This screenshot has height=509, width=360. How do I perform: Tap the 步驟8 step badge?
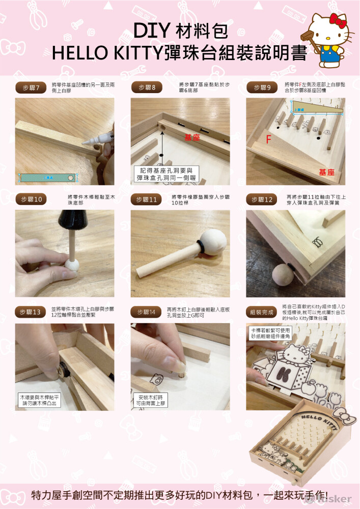click(x=147, y=88)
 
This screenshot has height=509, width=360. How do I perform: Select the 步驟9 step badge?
click(x=262, y=88)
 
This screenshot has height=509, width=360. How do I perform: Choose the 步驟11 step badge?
click(x=147, y=200)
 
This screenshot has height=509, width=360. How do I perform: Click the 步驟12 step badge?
click(x=262, y=200)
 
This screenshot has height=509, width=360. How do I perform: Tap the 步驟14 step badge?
click(x=147, y=312)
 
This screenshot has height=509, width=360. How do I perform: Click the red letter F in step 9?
click(x=268, y=139)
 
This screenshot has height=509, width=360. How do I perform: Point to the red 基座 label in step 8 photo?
click(x=192, y=137)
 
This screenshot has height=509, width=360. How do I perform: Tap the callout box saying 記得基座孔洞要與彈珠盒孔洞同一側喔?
click(x=167, y=174)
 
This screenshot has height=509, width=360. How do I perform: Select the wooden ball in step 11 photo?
click(x=211, y=241)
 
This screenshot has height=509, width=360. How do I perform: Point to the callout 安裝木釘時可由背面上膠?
click(x=151, y=400)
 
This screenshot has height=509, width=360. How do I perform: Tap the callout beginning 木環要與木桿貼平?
click(x=40, y=400)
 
